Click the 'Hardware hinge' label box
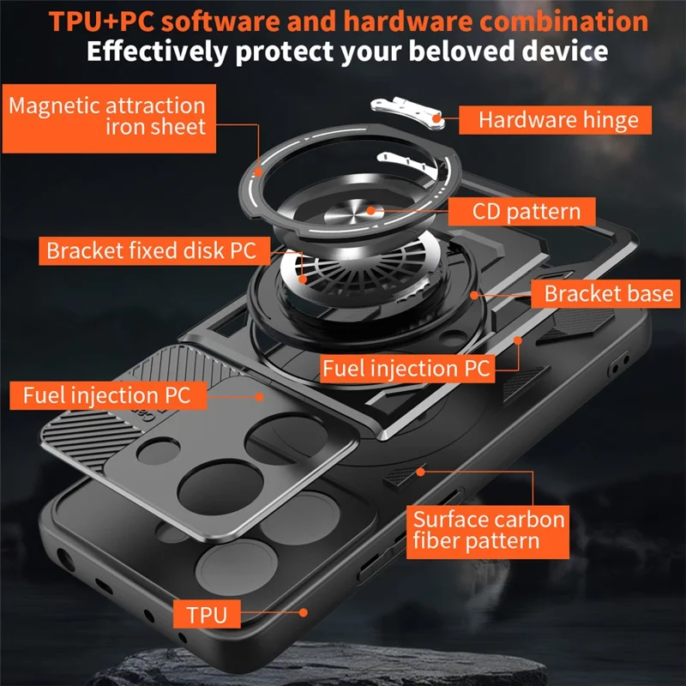click(555, 120)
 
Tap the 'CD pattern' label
click(521, 212)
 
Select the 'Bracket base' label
click(605, 293)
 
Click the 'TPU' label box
click(207, 614)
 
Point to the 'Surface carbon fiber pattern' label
click(488, 532)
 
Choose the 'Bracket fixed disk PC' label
click(154, 250)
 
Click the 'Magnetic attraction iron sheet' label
click(109, 118)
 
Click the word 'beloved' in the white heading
click(461, 51)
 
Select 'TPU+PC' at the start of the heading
click(101, 21)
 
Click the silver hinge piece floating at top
click(408, 112)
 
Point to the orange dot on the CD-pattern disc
click(371, 210)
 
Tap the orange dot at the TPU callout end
click(304, 612)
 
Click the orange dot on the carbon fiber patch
click(420, 472)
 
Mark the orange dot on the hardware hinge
click(436, 118)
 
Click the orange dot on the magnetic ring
click(258, 172)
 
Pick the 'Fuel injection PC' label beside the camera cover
click(108, 395)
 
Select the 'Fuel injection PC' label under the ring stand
click(407, 369)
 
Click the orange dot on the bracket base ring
click(474, 295)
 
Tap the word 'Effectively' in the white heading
click(157, 51)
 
